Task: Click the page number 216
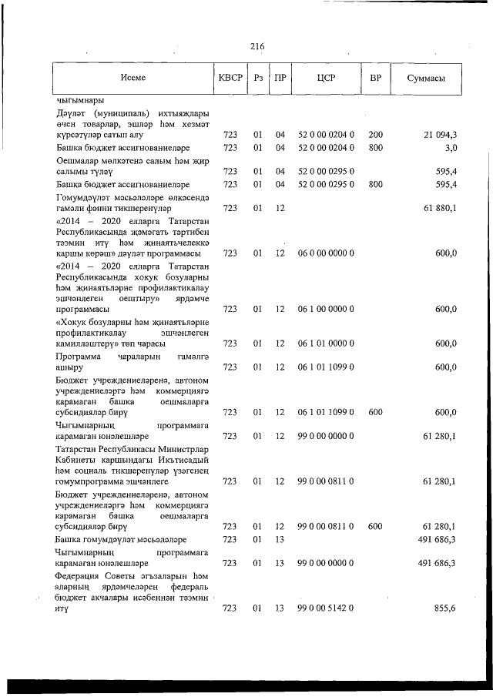pyautogui.click(x=257, y=47)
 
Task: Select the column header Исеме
pyautogui.click(x=132, y=79)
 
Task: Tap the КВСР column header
pyautogui.click(x=230, y=79)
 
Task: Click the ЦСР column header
pyautogui.click(x=325, y=79)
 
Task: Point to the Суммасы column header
pyautogui.click(x=424, y=79)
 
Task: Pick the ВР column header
pyautogui.click(x=376, y=79)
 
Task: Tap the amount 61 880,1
pyautogui.click(x=440, y=208)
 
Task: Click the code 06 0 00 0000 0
pyautogui.click(x=325, y=253)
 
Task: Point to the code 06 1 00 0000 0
pyautogui.click(x=325, y=310)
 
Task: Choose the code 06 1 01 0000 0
pyautogui.click(x=325, y=343)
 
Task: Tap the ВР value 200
pyautogui.click(x=376, y=135)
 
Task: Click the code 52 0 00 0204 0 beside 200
pyautogui.click(x=325, y=135)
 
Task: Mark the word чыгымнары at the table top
pyautogui.click(x=81, y=99)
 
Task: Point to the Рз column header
pyautogui.click(x=259, y=79)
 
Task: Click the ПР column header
pyautogui.click(x=281, y=79)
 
